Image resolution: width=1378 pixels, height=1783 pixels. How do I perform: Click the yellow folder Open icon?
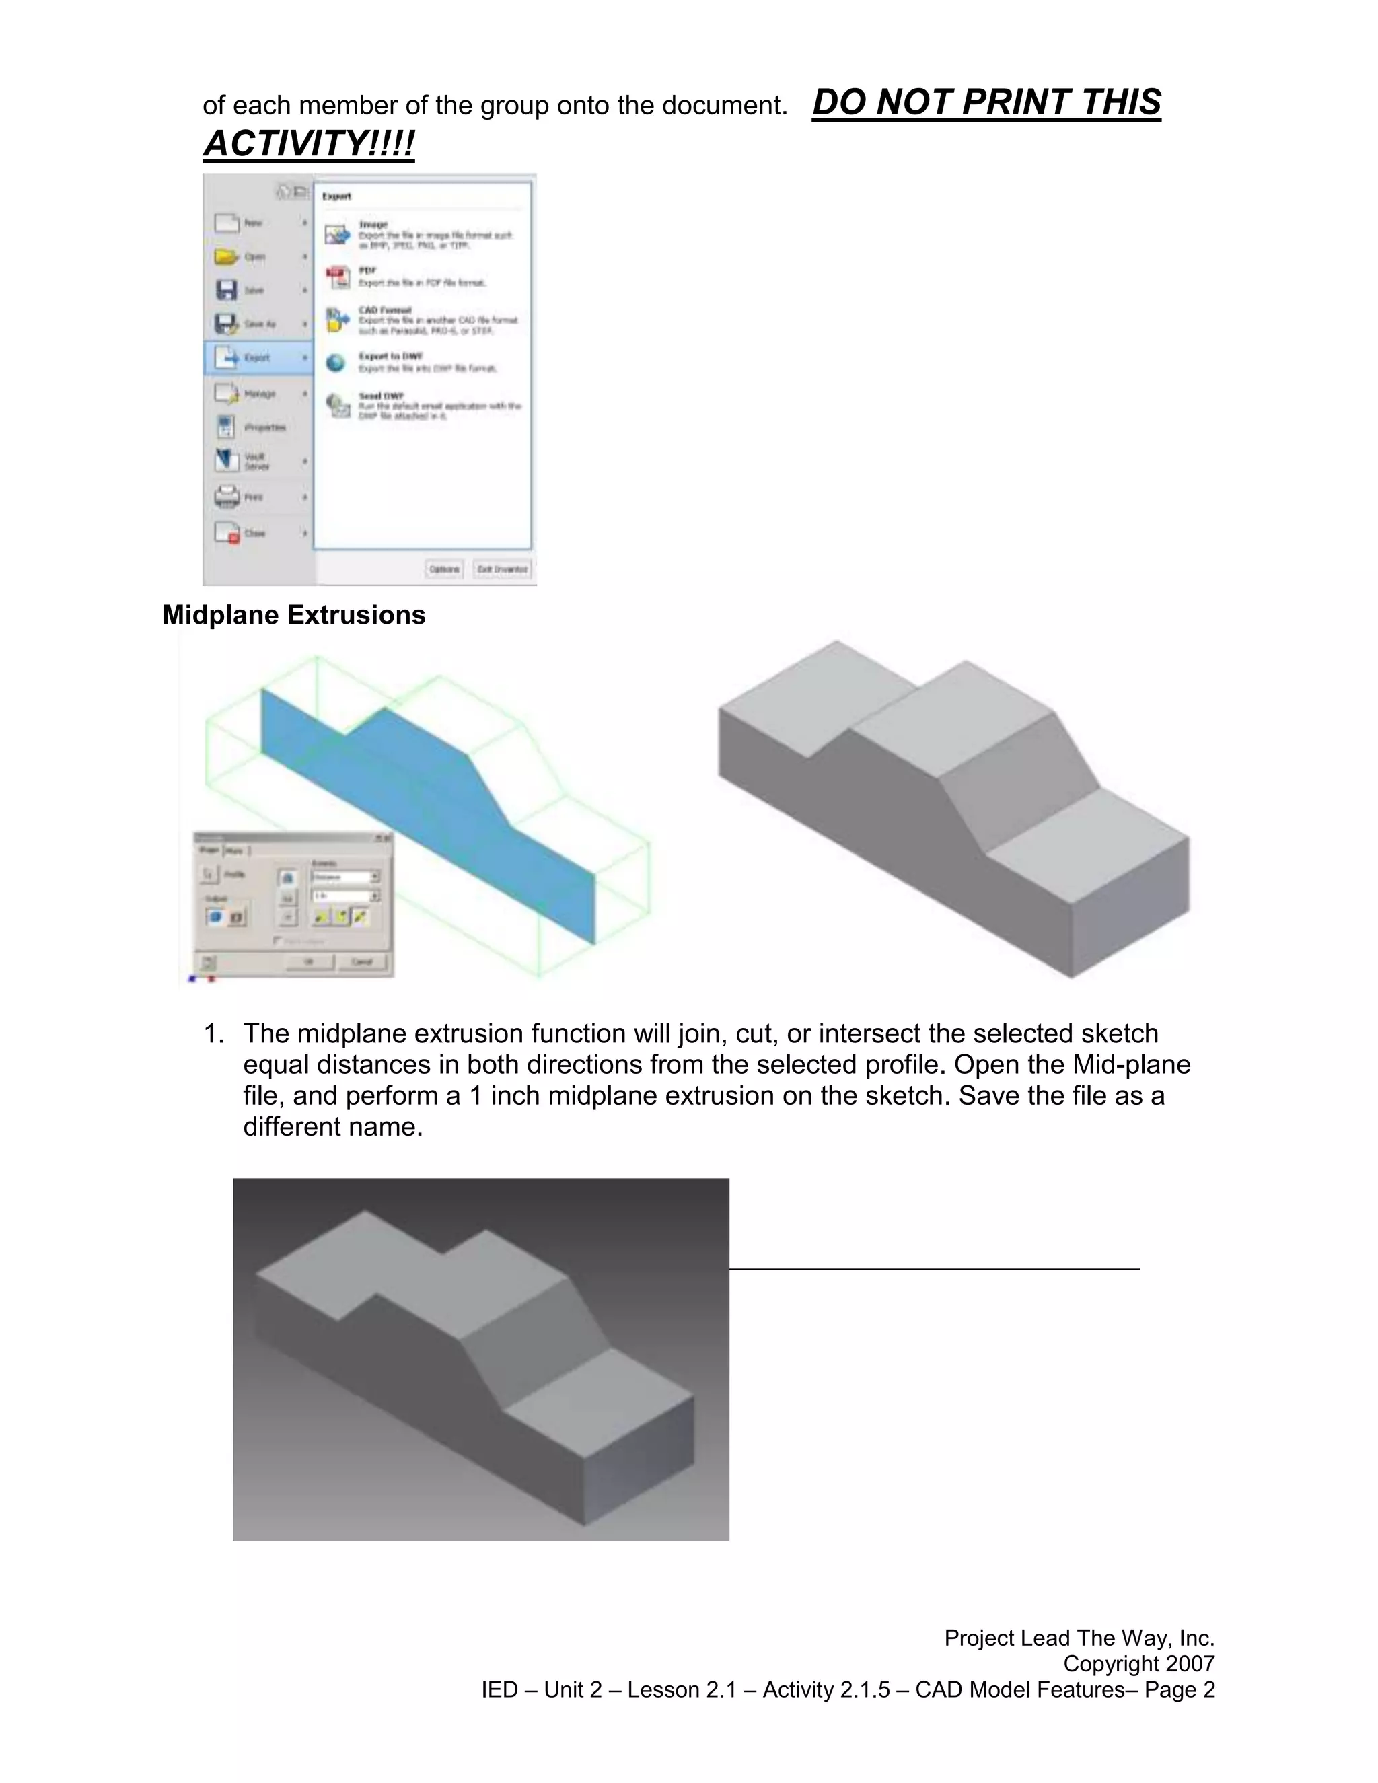click(x=226, y=256)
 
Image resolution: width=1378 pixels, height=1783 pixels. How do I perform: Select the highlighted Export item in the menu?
click(x=257, y=357)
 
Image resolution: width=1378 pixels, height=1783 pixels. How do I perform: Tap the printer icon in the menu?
click(x=226, y=497)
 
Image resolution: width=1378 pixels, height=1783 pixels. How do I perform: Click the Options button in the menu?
click(x=444, y=569)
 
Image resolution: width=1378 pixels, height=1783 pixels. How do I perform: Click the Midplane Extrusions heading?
click(x=294, y=615)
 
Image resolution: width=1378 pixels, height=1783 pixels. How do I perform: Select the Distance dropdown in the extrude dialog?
click(x=345, y=877)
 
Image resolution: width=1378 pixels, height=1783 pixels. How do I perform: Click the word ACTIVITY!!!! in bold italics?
click(x=309, y=144)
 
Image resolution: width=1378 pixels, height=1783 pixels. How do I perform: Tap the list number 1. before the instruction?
click(x=213, y=1033)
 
